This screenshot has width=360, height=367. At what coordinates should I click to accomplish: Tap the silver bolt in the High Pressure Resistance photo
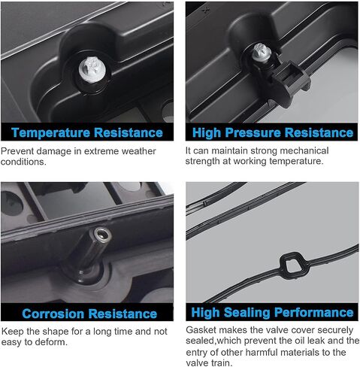click(262, 53)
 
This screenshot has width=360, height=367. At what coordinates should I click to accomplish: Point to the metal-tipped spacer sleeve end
click(102, 235)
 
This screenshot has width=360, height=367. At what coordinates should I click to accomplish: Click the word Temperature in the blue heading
click(50, 132)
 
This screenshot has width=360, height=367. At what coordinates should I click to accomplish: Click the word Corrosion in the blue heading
click(53, 314)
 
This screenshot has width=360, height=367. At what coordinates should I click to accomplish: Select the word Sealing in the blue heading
click(247, 313)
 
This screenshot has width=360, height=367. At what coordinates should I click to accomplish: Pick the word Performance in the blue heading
click(314, 312)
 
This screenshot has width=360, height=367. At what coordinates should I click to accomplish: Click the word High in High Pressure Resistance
click(207, 133)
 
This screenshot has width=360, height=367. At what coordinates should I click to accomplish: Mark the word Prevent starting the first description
click(17, 151)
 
